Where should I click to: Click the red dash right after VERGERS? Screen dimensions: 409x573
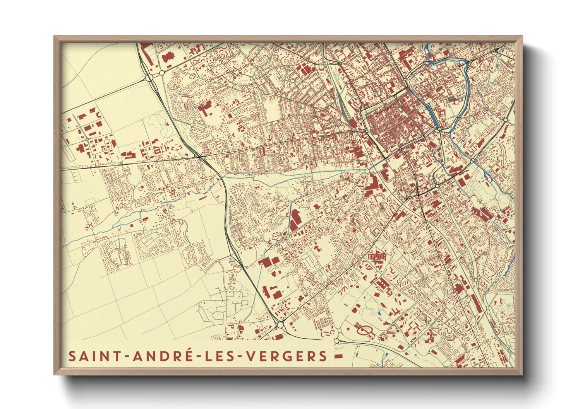tap(338, 356)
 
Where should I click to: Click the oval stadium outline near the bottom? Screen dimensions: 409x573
tap(364, 330)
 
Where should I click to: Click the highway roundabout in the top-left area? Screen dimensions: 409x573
tap(150, 78)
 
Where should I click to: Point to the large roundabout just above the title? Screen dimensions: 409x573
tap(280, 325)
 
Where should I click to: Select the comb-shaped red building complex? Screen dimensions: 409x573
tap(377, 256)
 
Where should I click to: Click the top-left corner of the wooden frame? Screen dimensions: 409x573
tap(55, 37)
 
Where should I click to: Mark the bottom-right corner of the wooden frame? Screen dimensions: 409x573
tap(522, 374)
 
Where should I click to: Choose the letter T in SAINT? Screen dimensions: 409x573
tap(117, 356)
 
